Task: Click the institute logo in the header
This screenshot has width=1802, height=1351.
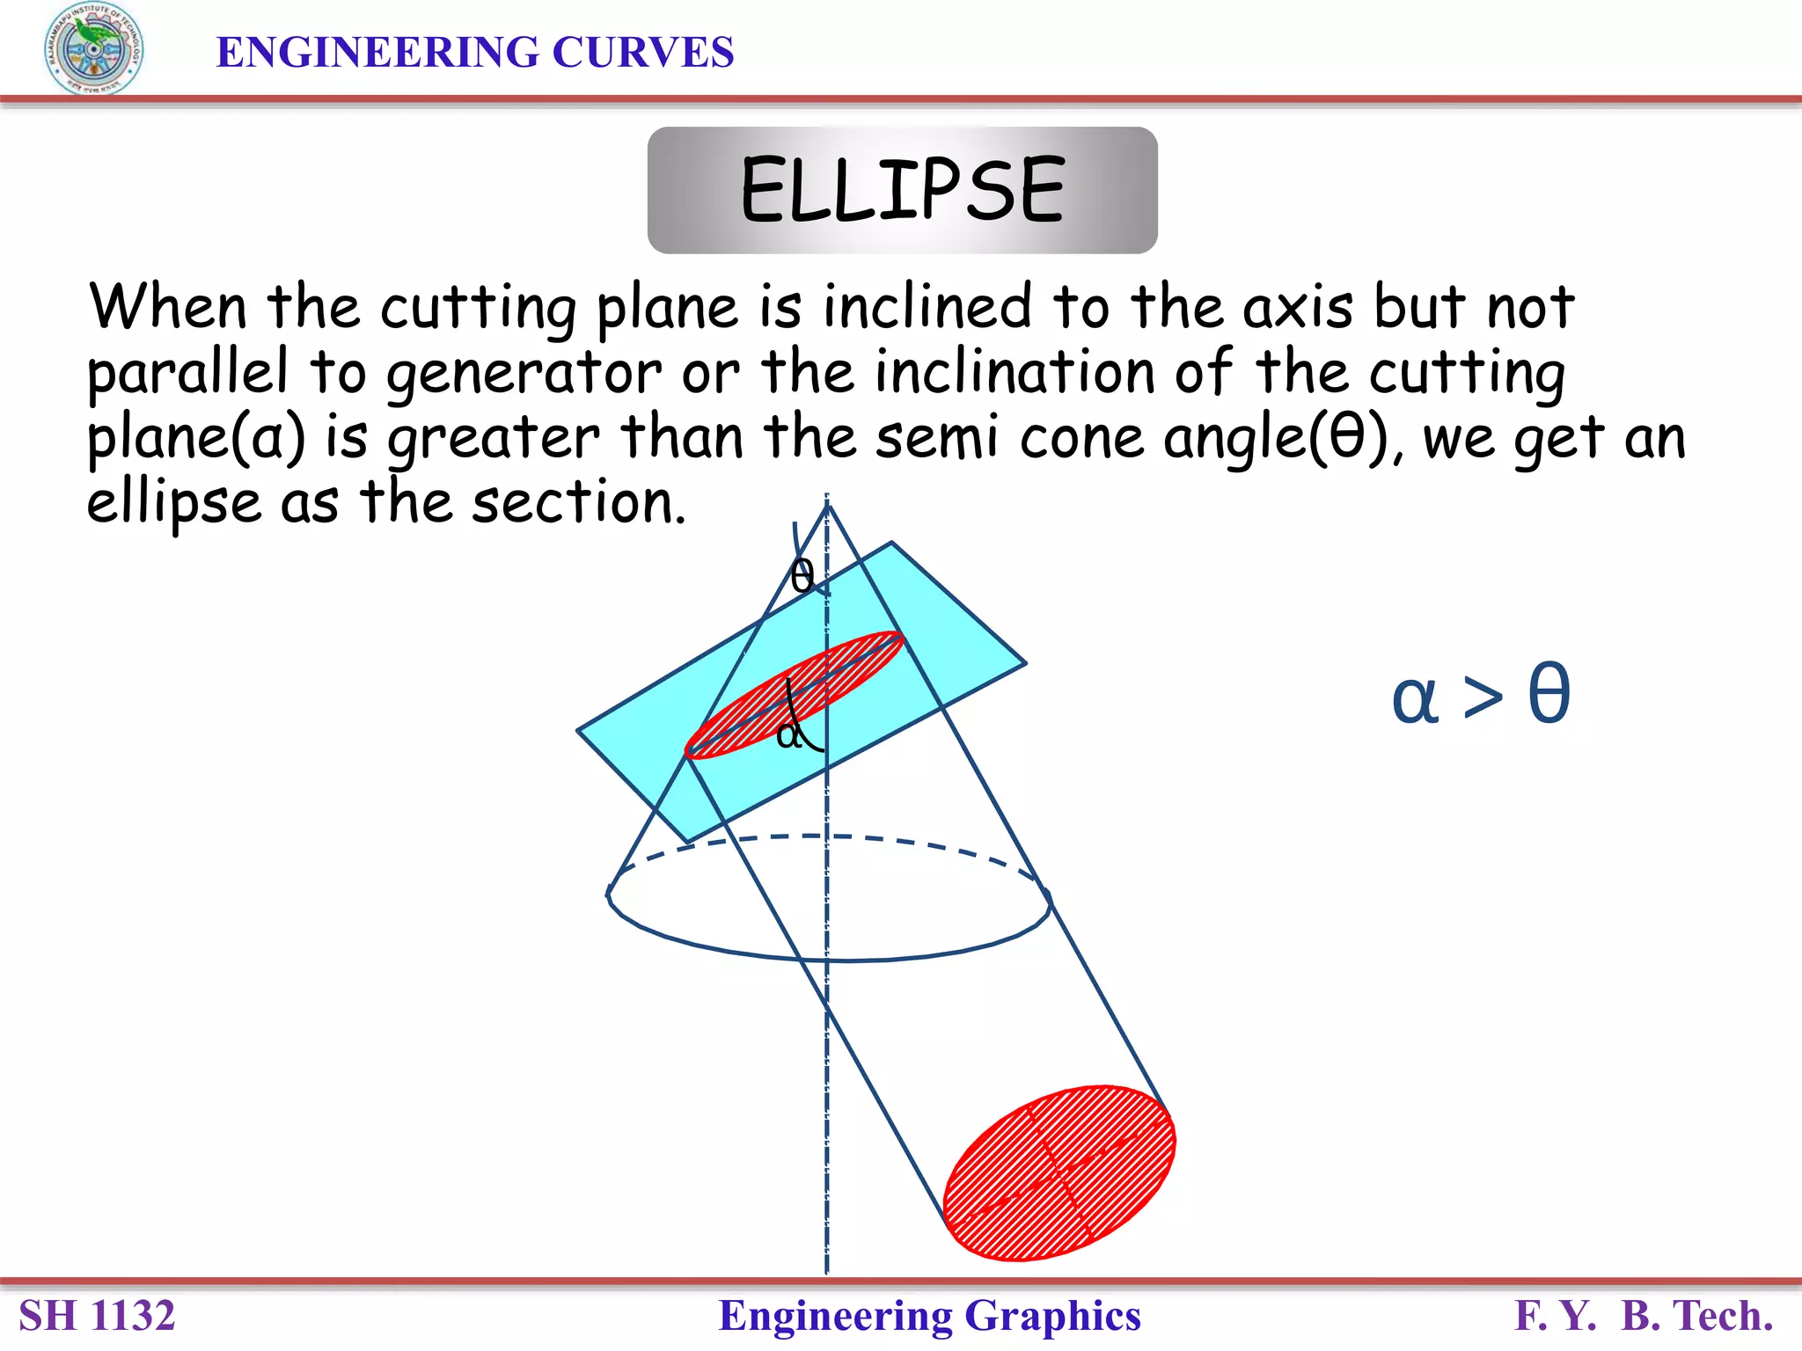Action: coord(93,48)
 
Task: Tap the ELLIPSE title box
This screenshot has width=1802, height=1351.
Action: coord(902,190)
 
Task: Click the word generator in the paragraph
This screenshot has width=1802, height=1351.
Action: coord(524,373)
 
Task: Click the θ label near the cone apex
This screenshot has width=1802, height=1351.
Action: coord(802,577)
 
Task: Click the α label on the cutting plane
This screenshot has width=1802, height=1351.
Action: coord(789,733)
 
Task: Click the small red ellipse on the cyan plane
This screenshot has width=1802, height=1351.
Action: coord(794,694)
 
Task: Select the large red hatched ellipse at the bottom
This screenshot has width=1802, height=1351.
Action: coord(1059,1172)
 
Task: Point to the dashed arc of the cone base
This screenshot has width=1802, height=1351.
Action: coord(827,836)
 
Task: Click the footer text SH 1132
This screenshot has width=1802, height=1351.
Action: coord(97,1316)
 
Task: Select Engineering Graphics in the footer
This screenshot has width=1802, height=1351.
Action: coord(929,1316)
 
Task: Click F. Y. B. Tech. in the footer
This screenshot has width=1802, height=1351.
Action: coord(1643,1316)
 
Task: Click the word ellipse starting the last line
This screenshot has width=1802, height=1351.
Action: coord(173,502)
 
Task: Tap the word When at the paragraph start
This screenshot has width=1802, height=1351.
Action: coord(167,308)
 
